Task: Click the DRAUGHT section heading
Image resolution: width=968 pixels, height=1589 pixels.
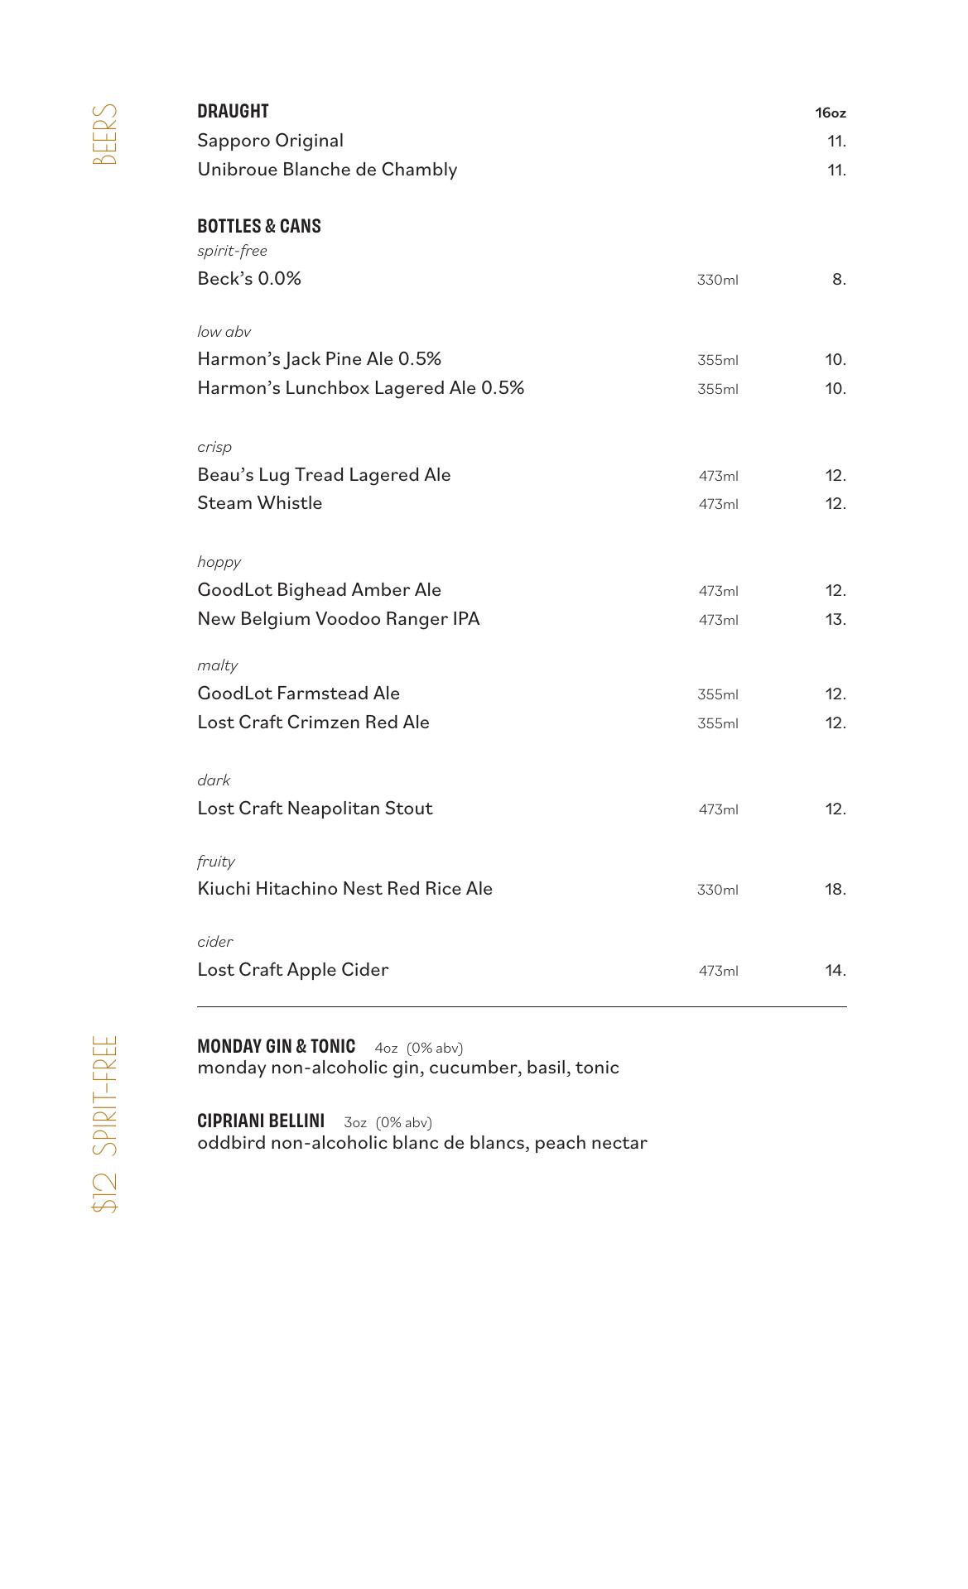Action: pos(233,112)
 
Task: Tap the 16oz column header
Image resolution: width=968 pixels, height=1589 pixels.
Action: pos(830,113)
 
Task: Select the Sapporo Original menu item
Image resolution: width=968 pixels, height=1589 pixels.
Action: pos(270,141)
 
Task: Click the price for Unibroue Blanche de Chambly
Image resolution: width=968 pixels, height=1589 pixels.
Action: pos(836,170)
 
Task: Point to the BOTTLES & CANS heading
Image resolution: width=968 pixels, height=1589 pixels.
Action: pos(258,226)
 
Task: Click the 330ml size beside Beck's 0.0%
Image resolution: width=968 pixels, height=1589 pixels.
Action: pos(717,280)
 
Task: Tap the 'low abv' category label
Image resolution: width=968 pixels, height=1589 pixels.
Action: pos(224,332)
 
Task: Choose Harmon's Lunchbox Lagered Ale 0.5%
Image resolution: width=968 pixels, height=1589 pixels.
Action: pos(360,388)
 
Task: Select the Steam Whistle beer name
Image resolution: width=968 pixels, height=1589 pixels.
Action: pos(259,503)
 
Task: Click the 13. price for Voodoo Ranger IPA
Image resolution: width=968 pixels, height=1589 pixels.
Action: pos(835,619)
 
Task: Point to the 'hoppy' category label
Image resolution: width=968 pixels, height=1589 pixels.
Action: pos(219,562)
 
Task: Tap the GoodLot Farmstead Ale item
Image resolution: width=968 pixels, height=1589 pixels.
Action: pos(298,694)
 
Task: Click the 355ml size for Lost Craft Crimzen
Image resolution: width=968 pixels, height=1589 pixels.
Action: pos(717,723)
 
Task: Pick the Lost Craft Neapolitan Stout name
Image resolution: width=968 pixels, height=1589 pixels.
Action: pos(315,809)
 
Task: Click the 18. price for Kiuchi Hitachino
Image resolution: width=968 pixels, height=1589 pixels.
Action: pos(835,889)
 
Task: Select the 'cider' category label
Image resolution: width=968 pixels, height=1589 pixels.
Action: pos(214,942)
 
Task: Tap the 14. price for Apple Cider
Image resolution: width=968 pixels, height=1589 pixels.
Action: pos(835,970)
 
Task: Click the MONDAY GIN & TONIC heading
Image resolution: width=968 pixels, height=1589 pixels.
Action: pos(276,1046)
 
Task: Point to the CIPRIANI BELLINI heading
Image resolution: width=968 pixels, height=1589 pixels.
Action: pos(261,1121)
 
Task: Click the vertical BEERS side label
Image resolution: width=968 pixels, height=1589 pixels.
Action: pos(105,135)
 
